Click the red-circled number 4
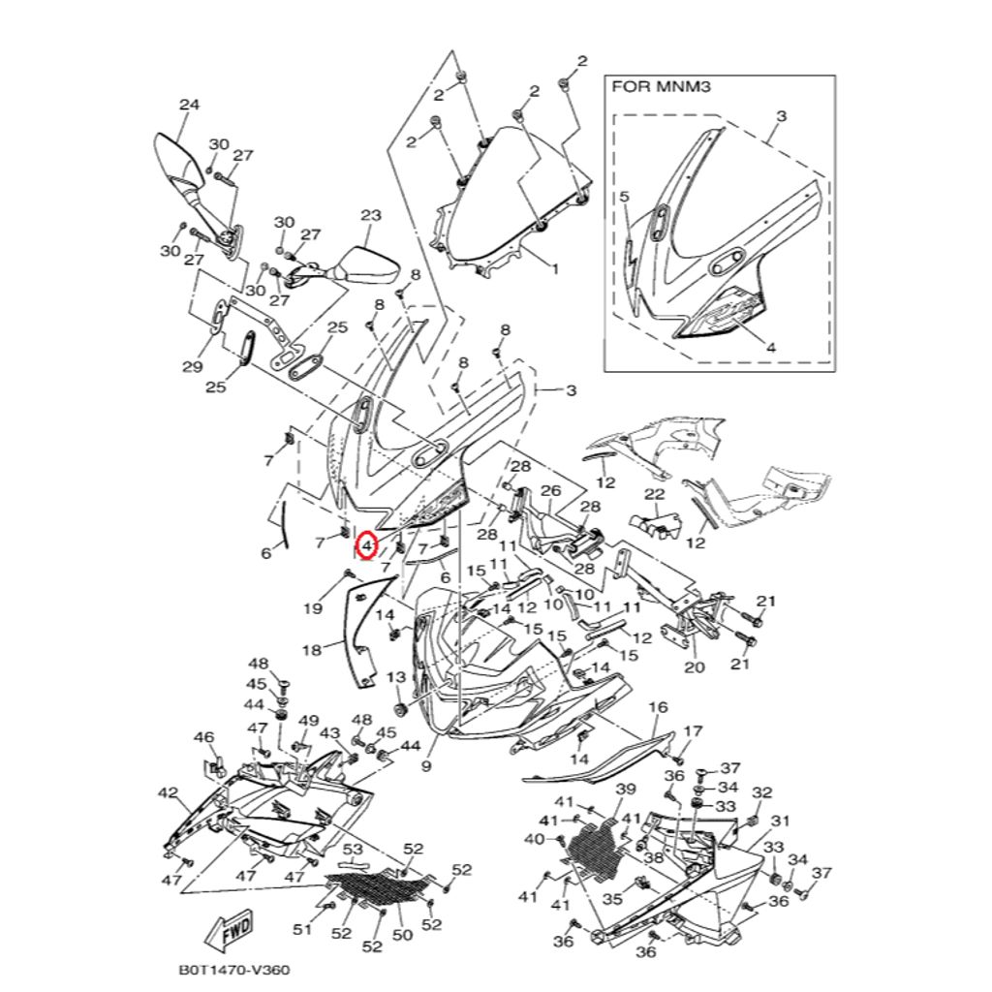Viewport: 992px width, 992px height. (366, 547)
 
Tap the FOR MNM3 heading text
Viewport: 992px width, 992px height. (649, 86)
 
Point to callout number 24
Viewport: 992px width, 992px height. (189, 105)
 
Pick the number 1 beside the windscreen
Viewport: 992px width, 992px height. (555, 268)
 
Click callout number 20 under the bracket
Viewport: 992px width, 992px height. (695, 667)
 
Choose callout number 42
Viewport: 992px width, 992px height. (167, 793)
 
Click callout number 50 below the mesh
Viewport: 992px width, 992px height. (402, 935)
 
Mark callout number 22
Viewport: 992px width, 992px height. (654, 495)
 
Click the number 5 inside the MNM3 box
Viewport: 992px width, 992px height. (624, 196)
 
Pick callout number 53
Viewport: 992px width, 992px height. (354, 850)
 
